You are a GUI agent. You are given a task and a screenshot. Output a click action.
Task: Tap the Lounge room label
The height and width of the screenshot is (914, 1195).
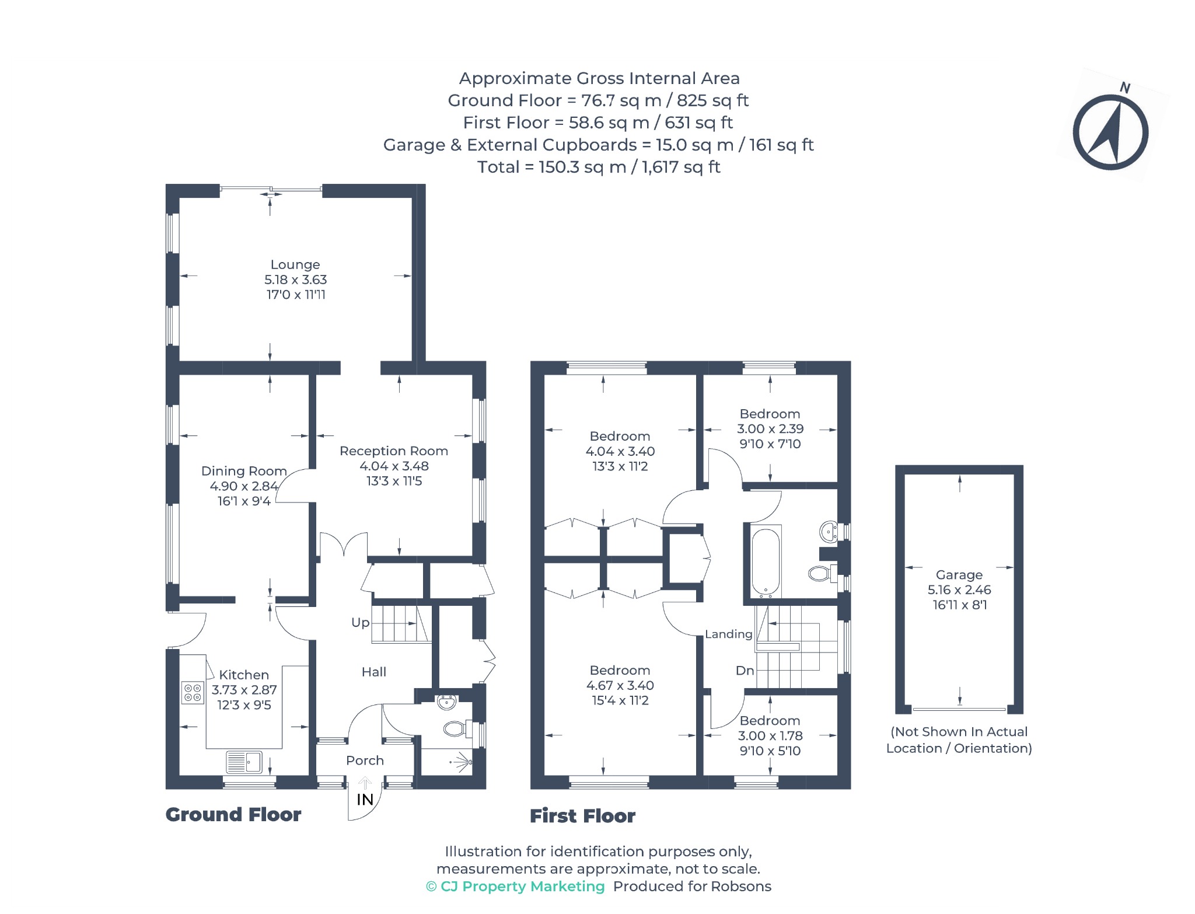pos(295,264)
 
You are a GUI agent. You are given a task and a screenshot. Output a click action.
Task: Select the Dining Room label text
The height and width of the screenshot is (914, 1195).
pos(244,471)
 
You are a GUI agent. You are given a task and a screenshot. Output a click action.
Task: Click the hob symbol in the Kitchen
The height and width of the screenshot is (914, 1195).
pos(193,692)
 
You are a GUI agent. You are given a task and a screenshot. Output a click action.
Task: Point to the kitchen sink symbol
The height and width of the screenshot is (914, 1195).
pos(244,762)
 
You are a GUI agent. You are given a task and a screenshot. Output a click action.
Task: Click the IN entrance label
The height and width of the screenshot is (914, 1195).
pos(365,800)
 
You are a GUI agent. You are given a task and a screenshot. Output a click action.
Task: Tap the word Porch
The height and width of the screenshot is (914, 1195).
pos(365,760)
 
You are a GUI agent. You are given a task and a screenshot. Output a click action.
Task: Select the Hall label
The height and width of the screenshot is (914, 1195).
pos(374,672)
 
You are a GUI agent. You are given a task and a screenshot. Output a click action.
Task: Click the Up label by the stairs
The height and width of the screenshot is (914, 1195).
pos(360,623)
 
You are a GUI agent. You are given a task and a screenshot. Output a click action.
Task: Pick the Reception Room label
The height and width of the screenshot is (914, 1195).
pos(394,451)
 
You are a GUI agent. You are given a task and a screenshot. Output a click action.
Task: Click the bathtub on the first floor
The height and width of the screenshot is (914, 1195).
pos(766,562)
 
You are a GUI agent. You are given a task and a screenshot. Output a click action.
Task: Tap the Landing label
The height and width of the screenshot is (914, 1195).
pos(728,634)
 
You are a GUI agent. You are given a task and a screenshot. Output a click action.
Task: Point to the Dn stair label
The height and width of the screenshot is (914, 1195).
pos(745,671)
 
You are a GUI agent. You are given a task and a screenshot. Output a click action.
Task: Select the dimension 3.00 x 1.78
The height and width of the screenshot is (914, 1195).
pos(770,736)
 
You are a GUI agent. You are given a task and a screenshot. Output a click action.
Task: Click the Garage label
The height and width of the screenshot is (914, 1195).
pos(959,575)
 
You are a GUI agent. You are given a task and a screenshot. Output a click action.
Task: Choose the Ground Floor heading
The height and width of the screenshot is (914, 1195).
pos(233,815)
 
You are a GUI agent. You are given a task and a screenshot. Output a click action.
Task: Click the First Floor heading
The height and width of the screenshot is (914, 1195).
pos(582,816)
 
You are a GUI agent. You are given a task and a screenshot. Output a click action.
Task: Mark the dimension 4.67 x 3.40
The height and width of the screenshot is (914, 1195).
pos(620,685)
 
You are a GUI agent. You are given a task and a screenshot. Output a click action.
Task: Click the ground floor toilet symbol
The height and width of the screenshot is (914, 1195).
pos(455,728)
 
